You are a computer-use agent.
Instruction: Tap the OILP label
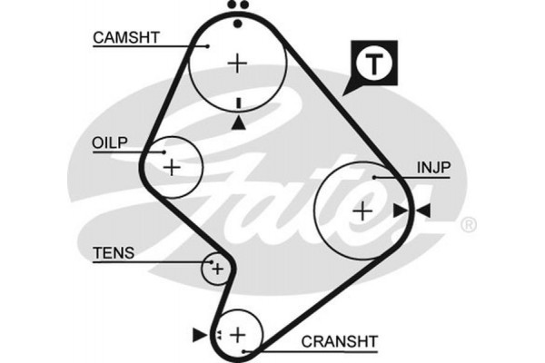110,142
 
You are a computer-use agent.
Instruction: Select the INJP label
434,168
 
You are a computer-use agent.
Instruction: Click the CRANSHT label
339,340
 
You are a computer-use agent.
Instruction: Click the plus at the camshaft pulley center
237,63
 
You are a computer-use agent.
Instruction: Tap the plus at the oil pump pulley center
172,167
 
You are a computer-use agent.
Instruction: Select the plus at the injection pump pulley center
362,211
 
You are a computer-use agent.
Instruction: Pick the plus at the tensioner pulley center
217,269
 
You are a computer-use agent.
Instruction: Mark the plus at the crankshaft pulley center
238,335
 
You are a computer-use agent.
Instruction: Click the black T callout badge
372,64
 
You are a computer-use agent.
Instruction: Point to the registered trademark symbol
468,223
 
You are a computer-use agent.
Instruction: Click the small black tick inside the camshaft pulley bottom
237,103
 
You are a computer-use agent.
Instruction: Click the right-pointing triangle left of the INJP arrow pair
401,211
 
